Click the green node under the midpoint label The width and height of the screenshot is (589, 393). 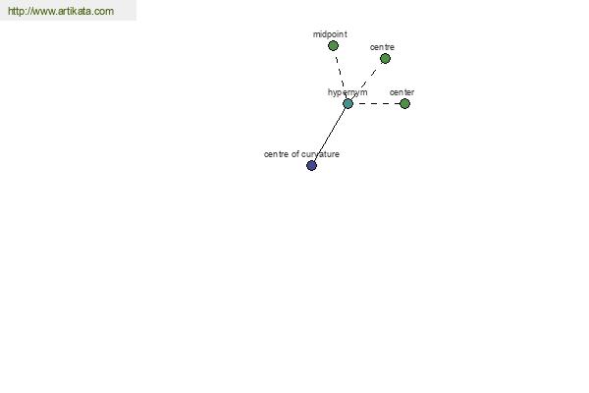click(x=333, y=46)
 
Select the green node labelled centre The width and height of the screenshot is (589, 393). click(x=385, y=59)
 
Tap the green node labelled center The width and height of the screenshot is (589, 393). click(x=404, y=104)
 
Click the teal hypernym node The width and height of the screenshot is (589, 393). click(x=348, y=104)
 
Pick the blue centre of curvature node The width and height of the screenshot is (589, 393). click(x=311, y=165)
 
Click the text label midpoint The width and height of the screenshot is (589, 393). click(x=330, y=34)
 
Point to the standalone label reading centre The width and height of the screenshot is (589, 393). click(x=382, y=47)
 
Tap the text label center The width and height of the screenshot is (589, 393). click(x=402, y=92)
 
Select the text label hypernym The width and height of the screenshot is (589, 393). click(x=348, y=92)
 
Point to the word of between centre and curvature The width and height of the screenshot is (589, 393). click(x=294, y=154)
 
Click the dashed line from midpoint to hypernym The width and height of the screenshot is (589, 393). click(x=341, y=75)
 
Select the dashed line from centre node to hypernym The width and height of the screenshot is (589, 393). click(x=366, y=82)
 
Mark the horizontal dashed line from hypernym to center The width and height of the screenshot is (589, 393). click(x=376, y=104)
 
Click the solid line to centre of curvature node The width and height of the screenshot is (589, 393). click(x=330, y=135)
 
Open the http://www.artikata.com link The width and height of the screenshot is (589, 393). click(x=61, y=11)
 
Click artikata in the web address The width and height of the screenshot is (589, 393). click(x=75, y=11)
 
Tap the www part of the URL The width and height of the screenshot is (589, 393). click(x=43, y=12)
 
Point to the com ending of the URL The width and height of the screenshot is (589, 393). click(x=104, y=12)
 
